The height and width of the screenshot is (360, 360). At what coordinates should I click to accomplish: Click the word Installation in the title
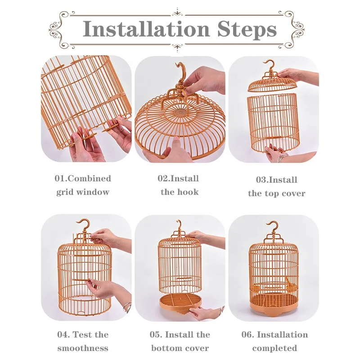pyautogui.click(x=147, y=30)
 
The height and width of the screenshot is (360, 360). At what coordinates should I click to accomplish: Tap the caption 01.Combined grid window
pyautogui.click(x=83, y=185)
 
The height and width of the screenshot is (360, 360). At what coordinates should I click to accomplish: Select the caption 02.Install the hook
pyautogui.click(x=179, y=185)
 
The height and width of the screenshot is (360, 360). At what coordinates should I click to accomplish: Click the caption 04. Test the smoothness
pyautogui.click(x=83, y=341)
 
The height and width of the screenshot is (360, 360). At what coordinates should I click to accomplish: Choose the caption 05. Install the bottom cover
pyautogui.click(x=180, y=341)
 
